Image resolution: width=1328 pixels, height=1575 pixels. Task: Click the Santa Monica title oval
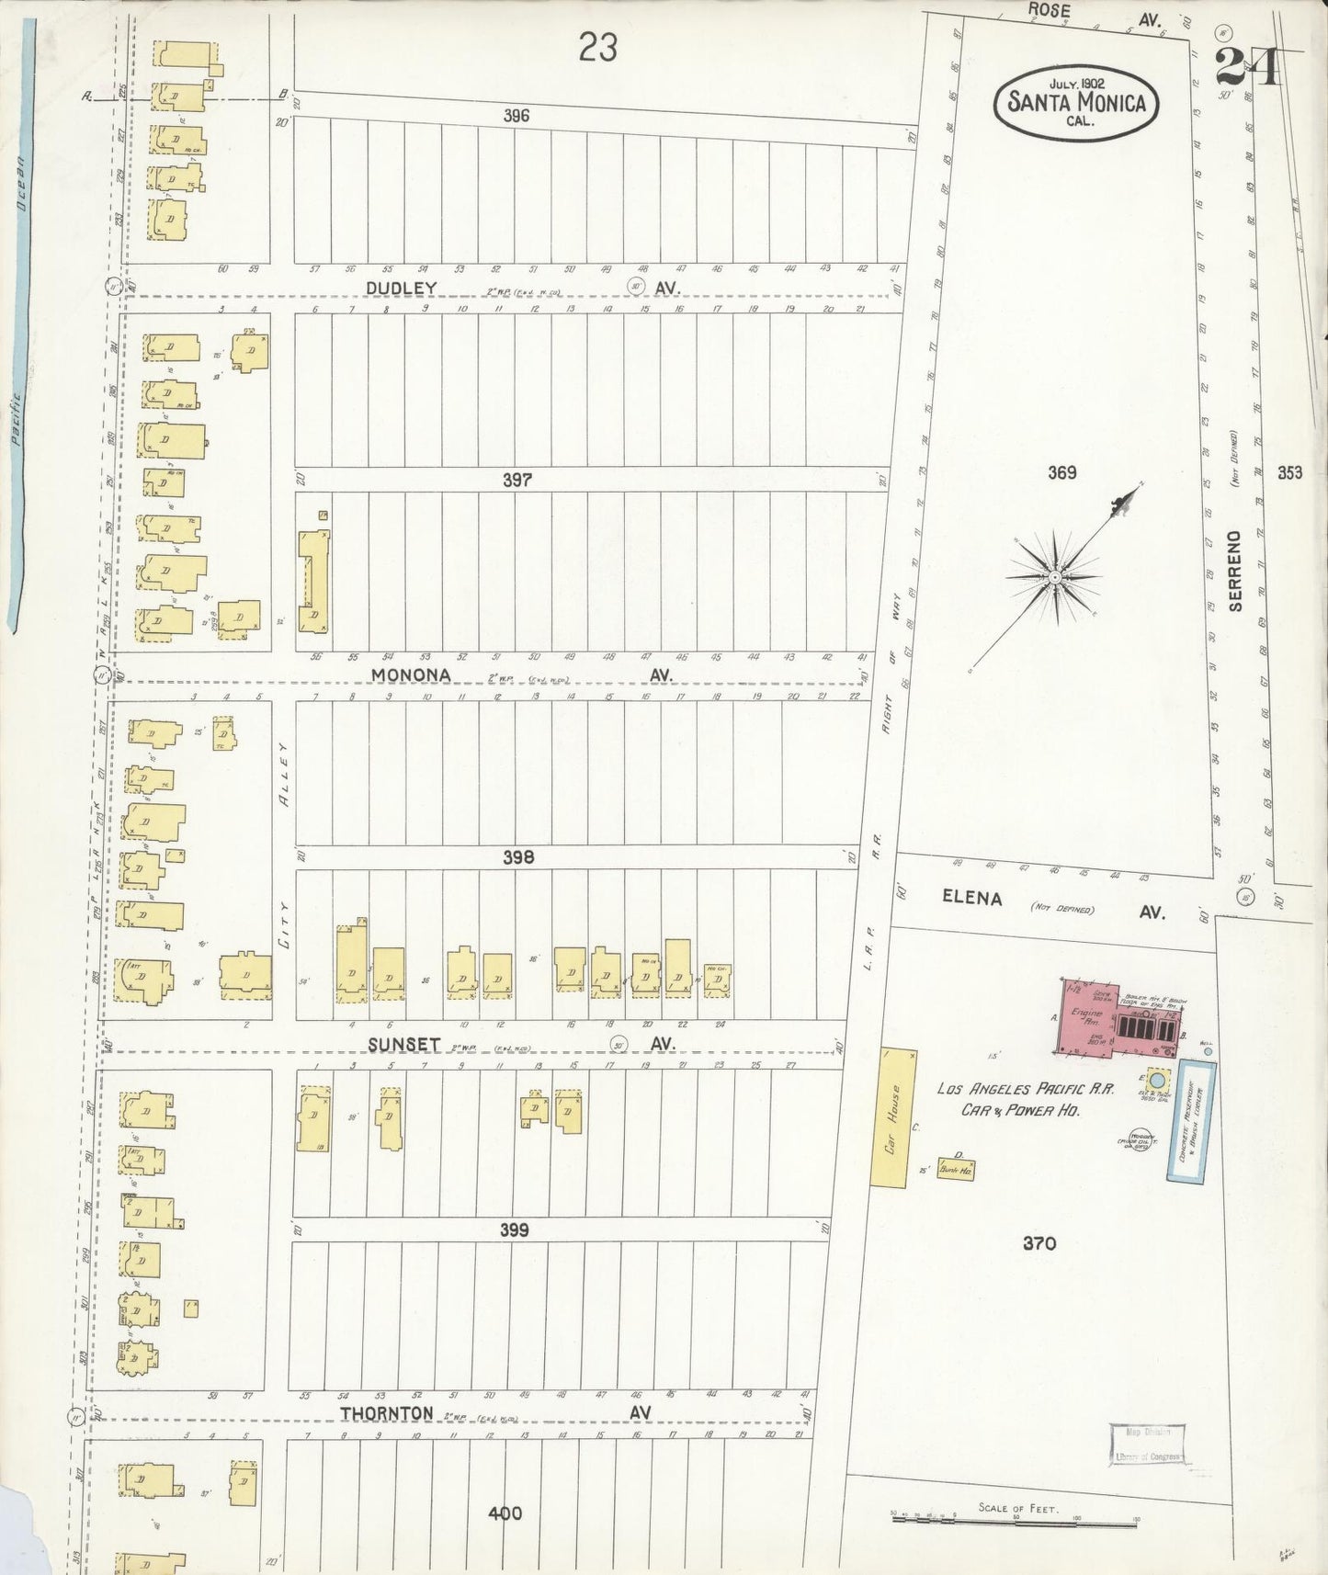pyautogui.click(x=1076, y=102)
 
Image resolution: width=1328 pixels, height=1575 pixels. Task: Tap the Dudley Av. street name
pyautogui.click(x=401, y=289)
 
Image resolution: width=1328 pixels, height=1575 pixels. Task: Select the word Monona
pyautogui.click(x=410, y=675)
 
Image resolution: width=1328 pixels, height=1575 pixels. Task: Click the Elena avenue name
pyautogui.click(x=971, y=899)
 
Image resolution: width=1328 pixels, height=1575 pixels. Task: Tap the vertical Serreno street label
pyautogui.click(x=1235, y=571)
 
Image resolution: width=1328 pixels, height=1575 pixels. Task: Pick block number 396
pyautogui.click(x=516, y=116)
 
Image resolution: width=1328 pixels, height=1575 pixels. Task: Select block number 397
pyautogui.click(x=517, y=480)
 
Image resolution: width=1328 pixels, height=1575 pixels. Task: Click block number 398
pyautogui.click(x=518, y=857)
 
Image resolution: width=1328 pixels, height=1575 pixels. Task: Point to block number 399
pyautogui.click(x=514, y=1230)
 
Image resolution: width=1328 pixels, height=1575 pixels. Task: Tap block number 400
pyautogui.click(x=505, y=1513)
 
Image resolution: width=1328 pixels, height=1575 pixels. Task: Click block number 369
pyautogui.click(x=1061, y=473)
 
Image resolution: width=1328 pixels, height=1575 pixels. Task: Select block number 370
pyautogui.click(x=1039, y=1244)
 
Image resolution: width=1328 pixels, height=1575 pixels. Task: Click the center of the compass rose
pyautogui.click(x=1056, y=576)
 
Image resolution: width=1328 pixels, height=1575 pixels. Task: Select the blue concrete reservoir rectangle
pyautogui.click(x=1197, y=1123)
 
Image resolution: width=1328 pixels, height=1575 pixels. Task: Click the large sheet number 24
pyautogui.click(x=1246, y=67)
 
